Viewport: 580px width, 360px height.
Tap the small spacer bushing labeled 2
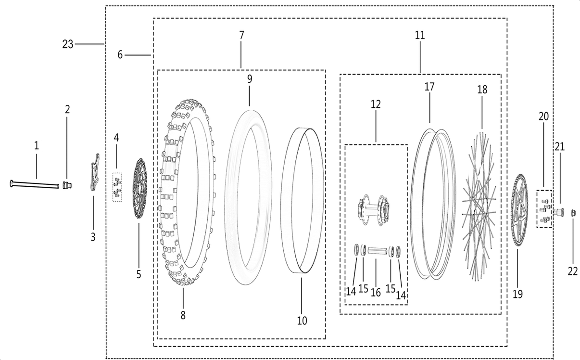67,185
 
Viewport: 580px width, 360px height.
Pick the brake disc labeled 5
139,188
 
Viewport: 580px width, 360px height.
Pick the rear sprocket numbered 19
518,210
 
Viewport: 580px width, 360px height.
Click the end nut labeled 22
573,212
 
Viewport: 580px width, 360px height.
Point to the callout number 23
67,44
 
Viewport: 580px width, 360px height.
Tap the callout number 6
120,55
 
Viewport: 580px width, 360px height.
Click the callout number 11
420,35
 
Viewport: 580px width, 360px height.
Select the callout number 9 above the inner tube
250,78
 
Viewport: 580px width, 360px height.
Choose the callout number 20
543,116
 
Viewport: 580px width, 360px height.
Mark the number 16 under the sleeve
376,292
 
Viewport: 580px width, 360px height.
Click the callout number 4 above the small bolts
116,137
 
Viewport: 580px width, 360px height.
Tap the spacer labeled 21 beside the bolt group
560,211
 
